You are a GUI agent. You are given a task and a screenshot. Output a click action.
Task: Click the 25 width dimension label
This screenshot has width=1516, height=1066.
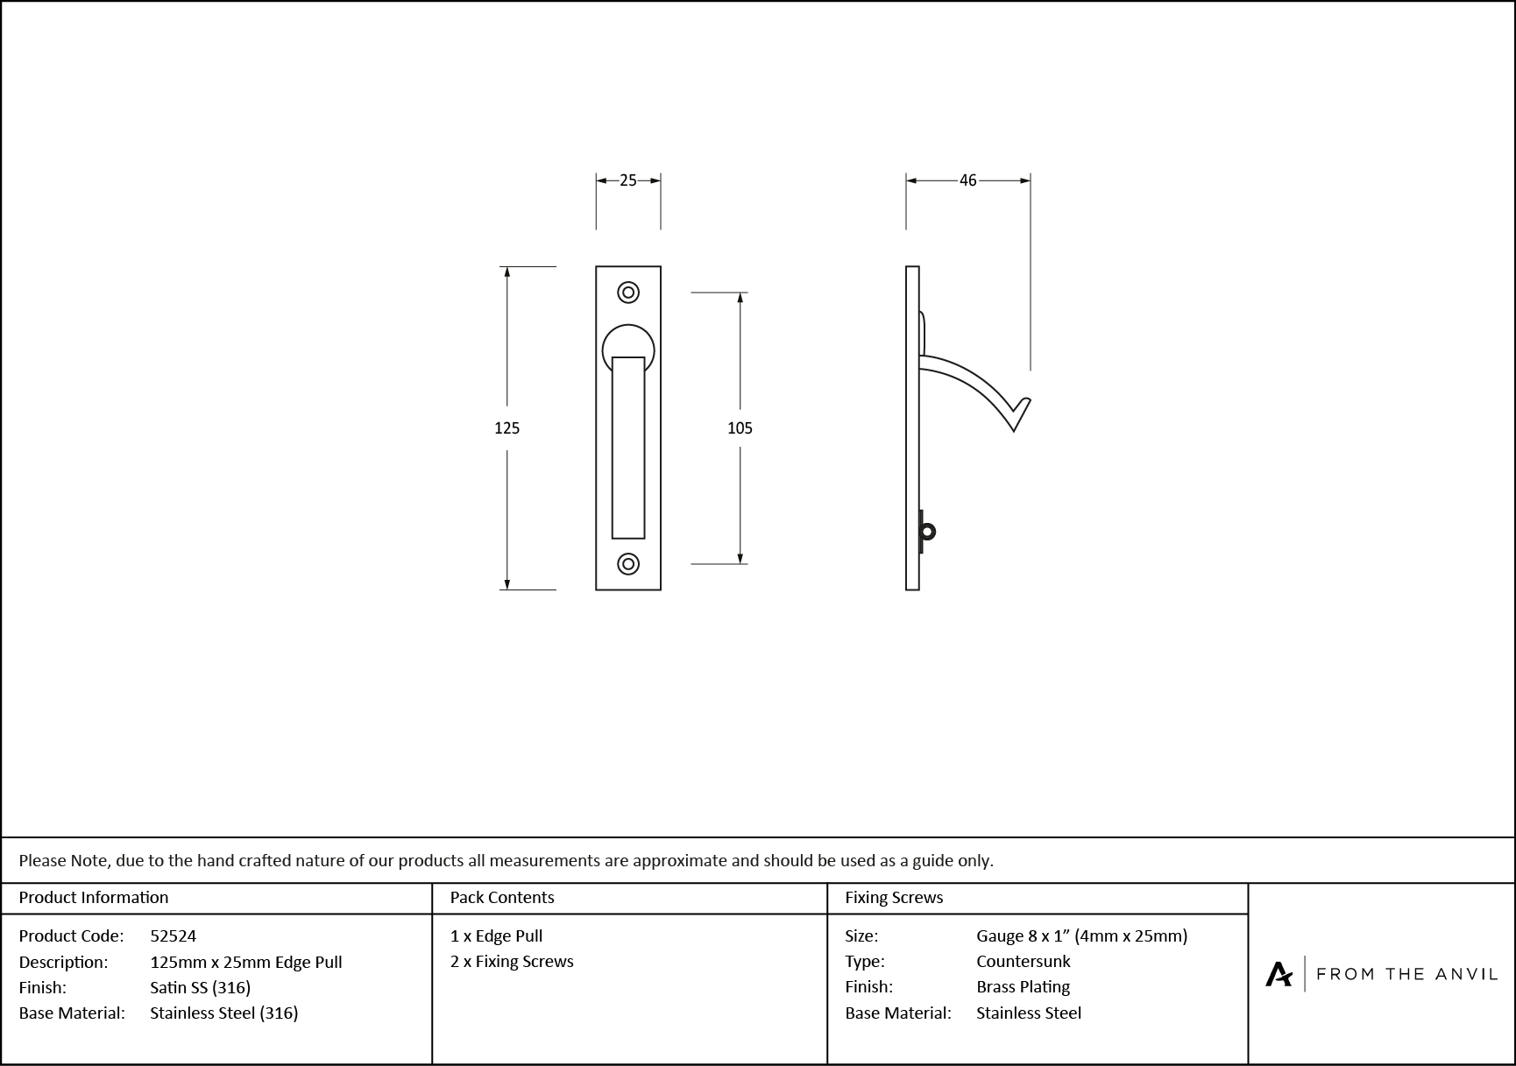tap(627, 180)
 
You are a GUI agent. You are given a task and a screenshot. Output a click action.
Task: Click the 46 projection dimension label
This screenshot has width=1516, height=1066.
tap(967, 180)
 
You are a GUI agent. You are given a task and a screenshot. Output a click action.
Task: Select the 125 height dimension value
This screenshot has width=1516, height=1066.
tap(507, 428)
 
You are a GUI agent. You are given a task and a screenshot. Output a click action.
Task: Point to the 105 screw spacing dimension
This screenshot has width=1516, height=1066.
tap(740, 428)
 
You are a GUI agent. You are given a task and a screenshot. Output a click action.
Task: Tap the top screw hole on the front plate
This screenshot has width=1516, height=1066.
tap(628, 293)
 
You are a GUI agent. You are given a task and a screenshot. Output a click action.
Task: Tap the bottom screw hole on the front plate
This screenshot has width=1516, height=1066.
tap(628, 564)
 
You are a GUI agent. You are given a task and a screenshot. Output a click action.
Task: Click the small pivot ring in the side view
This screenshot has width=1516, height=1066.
tap(927, 532)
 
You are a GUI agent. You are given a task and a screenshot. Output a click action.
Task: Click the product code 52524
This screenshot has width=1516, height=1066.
tap(173, 936)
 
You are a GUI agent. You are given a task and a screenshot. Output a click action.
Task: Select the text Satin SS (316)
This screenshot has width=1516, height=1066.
tap(200, 988)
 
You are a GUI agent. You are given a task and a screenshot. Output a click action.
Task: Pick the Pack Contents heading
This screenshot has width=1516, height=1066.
tap(501, 898)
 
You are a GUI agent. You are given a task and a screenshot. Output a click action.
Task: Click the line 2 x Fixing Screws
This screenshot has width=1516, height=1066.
tap(512, 962)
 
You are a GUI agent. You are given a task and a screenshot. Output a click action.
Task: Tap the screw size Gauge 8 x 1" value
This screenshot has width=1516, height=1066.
tap(1081, 936)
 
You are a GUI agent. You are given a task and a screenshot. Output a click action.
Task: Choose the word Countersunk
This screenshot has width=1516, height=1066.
tap(1023, 962)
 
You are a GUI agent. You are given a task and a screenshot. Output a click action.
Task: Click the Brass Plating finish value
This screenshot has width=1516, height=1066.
tap(1023, 987)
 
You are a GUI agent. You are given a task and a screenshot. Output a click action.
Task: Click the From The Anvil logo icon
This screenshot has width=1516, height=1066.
tap(1279, 974)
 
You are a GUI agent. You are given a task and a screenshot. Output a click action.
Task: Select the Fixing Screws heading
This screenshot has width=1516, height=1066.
tap(894, 898)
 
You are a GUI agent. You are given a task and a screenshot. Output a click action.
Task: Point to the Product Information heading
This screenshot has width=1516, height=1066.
tap(94, 898)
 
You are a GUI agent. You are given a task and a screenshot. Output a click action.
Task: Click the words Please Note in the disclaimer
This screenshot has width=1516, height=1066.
tap(64, 861)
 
